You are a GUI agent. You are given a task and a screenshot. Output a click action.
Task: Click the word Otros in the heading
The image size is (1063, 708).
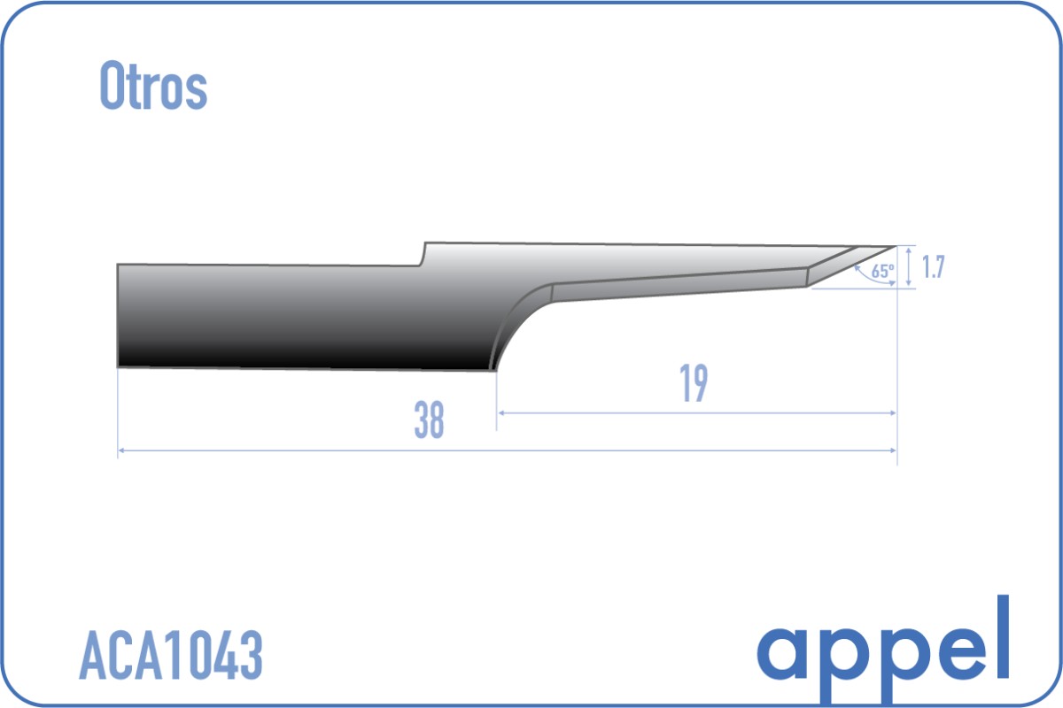coord(153,86)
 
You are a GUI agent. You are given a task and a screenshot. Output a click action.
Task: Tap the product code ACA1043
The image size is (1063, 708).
coord(171,656)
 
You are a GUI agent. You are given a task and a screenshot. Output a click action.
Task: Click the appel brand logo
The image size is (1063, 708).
coord(882,650)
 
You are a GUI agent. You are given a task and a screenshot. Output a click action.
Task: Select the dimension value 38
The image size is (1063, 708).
coord(429,419)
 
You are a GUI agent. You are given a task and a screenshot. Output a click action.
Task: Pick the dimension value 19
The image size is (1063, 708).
coord(694,382)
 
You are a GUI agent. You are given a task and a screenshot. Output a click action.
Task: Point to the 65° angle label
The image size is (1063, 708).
coord(882,271)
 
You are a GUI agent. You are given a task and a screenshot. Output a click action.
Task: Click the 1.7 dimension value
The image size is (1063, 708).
coord(933,266)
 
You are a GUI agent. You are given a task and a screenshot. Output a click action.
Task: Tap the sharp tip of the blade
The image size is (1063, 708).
coord(896,247)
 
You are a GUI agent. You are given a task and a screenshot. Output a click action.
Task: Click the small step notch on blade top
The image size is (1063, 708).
coord(423,254)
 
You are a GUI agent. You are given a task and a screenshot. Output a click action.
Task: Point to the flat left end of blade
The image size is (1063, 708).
coord(118,315)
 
